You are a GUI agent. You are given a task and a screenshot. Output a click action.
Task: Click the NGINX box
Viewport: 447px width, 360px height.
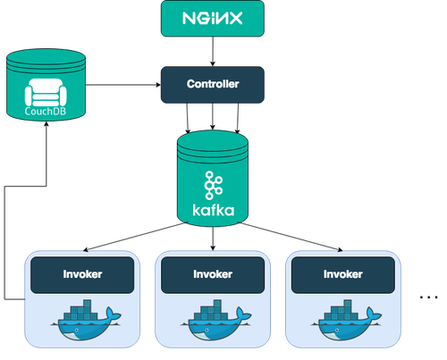coord(213,19)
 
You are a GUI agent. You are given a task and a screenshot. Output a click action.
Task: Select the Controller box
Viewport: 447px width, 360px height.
coord(213,85)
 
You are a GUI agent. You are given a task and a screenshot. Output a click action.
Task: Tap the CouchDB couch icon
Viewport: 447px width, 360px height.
coord(46,92)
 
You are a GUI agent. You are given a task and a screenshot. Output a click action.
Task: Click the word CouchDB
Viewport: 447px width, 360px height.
coord(46,112)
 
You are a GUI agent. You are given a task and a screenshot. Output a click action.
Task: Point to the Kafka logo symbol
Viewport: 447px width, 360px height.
coord(214,185)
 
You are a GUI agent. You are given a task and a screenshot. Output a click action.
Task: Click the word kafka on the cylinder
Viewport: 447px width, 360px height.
coord(214,210)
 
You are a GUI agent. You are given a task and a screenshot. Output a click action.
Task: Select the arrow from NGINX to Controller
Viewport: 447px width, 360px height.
coord(213,52)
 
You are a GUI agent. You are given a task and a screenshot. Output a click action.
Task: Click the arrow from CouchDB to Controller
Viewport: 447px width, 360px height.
coord(123,85)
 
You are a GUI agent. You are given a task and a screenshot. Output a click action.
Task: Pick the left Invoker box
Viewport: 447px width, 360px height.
coord(82,275)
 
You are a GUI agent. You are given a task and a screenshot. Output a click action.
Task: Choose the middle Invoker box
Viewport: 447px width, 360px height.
coord(213,275)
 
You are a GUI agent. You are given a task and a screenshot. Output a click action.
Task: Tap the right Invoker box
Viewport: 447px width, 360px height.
coord(343,275)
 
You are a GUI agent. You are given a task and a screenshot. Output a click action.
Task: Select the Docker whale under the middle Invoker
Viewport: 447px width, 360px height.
coord(216,320)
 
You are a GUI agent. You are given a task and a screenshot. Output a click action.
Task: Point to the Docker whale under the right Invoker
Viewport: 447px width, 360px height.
coord(347,320)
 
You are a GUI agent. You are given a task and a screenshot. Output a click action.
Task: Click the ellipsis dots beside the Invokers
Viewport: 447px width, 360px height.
coord(428,297)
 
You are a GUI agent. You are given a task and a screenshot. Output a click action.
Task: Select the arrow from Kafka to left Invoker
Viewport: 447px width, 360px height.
coord(135,237)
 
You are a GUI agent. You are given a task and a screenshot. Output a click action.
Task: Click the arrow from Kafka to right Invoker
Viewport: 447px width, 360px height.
coord(291,237)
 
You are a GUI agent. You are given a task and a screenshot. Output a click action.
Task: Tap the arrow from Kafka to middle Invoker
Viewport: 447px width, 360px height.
coord(213,239)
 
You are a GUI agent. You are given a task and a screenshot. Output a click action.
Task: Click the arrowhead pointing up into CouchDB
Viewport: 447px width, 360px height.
coord(46,124)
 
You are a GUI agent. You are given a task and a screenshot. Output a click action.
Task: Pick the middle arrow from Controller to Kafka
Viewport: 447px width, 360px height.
coord(213,116)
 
